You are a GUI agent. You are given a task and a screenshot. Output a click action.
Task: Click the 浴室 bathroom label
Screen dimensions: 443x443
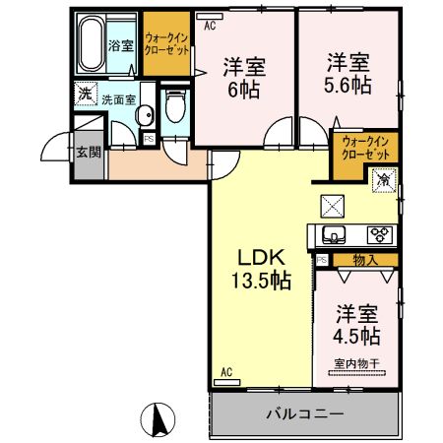120,45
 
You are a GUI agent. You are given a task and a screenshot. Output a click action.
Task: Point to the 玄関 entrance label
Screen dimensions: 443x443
88,152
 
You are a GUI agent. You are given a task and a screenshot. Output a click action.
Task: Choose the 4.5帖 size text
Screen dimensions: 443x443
357,337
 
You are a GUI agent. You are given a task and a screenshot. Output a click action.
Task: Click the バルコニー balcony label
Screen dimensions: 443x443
304,413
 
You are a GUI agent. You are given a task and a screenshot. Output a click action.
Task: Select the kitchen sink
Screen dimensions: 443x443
329,235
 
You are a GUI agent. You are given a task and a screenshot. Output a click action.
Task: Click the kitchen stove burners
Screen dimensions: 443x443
379,234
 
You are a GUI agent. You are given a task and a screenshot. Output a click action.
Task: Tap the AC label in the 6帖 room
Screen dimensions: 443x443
209,28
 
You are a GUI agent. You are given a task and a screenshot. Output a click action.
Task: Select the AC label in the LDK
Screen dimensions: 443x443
224,372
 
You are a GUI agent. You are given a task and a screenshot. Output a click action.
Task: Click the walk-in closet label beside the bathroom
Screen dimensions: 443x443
166,40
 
